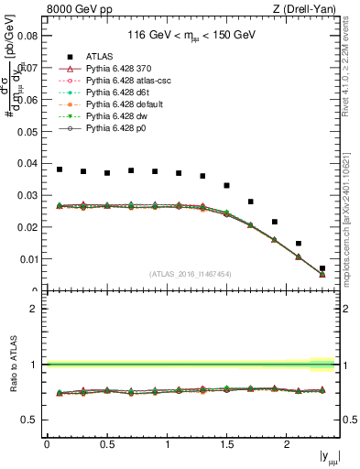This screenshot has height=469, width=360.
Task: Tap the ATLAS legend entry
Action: [x=96, y=56]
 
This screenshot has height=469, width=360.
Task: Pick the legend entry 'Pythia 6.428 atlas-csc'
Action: [x=128, y=81]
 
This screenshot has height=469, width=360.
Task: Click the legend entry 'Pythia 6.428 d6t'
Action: [x=120, y=93]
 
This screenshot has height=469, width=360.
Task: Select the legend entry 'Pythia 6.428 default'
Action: [x=125, y=104]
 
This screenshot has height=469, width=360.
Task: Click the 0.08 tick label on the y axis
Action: [x=27, y=37]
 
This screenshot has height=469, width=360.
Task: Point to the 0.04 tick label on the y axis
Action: [x=27, y=163]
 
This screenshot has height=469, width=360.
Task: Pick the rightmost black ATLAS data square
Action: [x=322, y=268]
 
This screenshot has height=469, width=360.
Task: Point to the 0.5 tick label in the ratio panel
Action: [x=29, y=420]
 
